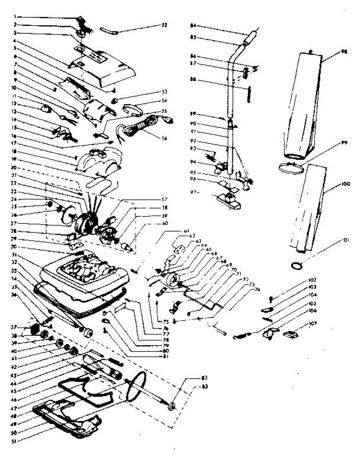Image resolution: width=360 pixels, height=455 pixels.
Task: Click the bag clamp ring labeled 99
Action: [292, 167]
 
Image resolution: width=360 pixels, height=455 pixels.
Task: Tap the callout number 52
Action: [164, 25]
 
